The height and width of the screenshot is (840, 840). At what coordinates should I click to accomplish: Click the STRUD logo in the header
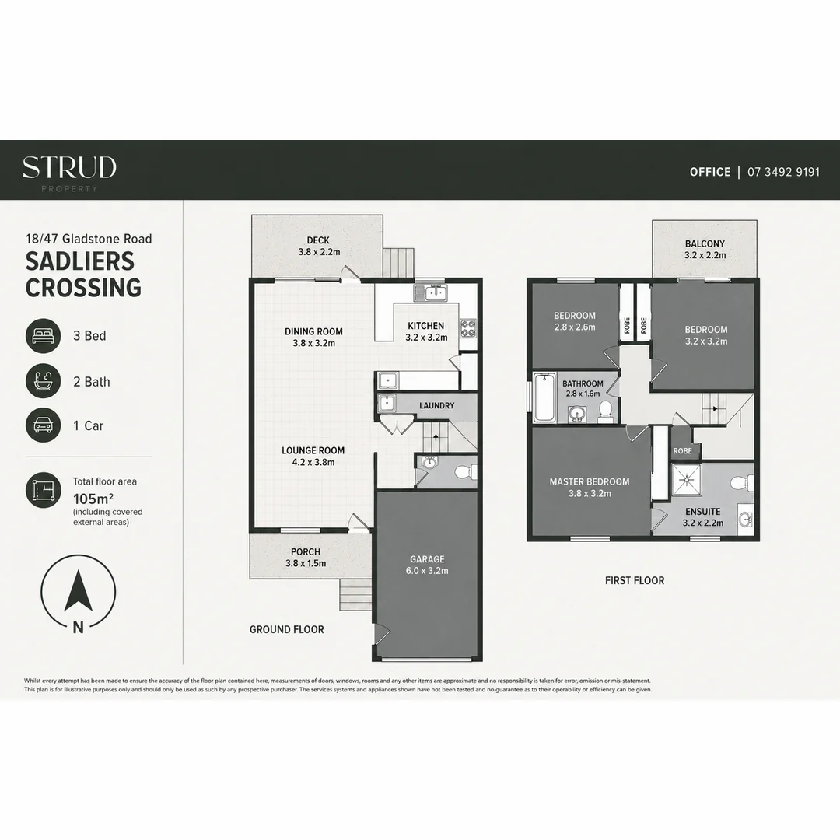[69, 173]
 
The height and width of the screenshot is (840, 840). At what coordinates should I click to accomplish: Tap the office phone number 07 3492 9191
[783, 172]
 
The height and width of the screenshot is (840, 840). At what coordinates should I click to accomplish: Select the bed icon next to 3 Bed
[44, 336]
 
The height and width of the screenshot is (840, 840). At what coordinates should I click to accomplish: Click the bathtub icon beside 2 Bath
[44, 381]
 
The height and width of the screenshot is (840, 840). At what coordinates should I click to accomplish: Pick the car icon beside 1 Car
[44, 425]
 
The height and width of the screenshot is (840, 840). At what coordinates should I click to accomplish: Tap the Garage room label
[427, 565]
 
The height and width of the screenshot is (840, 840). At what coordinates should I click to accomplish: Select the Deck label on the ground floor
[319, 246]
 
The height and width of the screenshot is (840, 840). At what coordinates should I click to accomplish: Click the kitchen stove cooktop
[467, 328]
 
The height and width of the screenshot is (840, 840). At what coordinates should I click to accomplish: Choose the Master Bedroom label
[590, 488]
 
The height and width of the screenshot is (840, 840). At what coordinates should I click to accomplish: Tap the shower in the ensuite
[688, 478]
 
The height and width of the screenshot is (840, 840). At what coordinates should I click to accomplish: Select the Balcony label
[705, 249]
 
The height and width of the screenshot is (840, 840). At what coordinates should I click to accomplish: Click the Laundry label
[436, 405]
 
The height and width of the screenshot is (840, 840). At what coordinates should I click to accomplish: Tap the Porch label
[306, 557]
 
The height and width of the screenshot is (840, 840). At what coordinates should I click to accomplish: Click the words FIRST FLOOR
[635, 580]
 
